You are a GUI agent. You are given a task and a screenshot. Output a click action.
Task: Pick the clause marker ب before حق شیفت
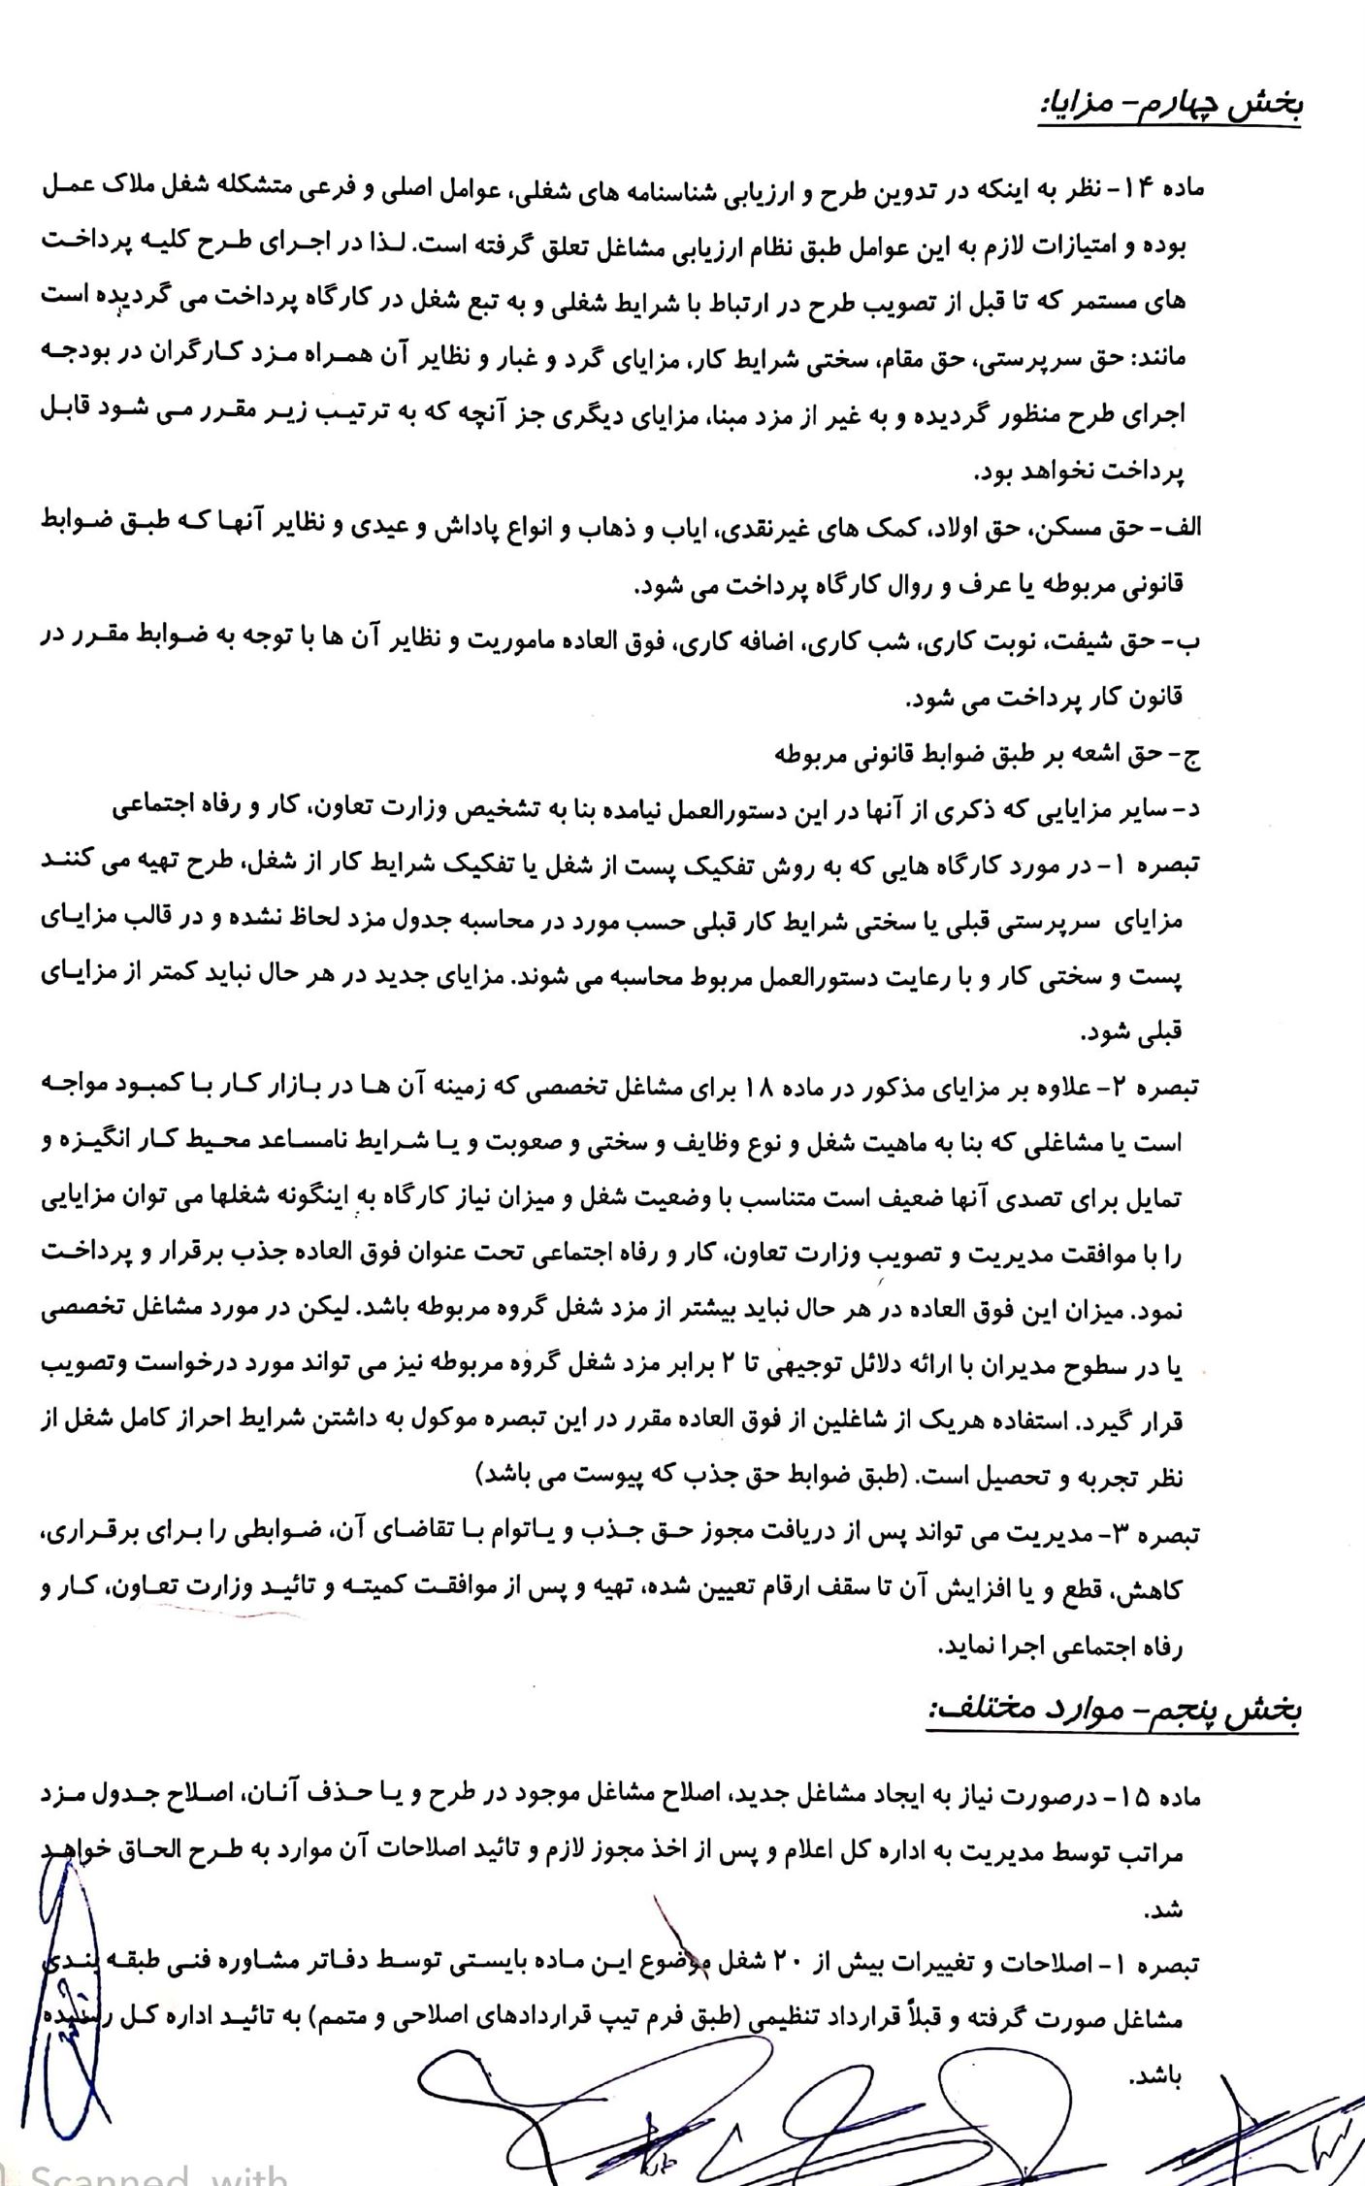tap(1191, 641)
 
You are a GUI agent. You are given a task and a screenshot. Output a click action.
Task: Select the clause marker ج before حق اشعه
tap(1191, 754)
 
